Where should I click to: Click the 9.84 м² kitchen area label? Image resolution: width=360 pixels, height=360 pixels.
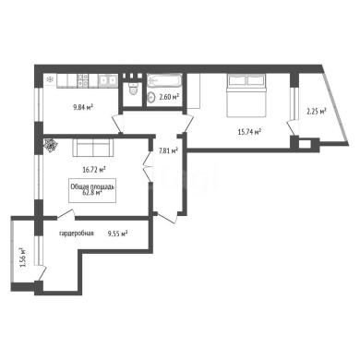(83, 107)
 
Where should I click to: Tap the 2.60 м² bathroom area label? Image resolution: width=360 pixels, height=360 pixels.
(169, 97)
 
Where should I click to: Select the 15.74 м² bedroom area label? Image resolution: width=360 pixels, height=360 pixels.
(249, 132)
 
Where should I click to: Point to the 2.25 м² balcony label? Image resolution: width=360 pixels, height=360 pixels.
(317, 112)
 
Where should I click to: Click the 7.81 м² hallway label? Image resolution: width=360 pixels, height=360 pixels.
(168, 150)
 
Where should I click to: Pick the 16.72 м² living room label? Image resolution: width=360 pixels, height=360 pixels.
(94, 169)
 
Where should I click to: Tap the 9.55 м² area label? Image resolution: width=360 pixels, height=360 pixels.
(117, 234)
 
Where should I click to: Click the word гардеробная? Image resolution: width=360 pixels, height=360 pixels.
(77, 234)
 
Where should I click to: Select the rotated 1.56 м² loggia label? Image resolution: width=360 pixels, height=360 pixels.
(24, 257)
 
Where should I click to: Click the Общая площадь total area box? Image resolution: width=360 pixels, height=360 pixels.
(92, 190)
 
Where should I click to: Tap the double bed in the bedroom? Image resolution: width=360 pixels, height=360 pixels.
(246, 95)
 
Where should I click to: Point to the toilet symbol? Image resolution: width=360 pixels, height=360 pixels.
(133, 89)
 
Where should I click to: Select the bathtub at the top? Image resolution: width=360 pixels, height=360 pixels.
(163, 81)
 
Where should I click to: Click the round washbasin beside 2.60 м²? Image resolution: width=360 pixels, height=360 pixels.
(151, 98)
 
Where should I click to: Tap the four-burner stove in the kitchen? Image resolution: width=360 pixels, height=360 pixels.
(82, 79)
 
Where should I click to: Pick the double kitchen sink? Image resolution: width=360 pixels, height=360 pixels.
(108, 80)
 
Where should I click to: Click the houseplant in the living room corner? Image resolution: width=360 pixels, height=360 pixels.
(50, 145)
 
